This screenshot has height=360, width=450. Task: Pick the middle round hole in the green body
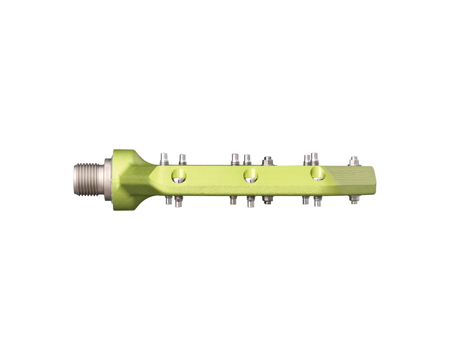(251, 175)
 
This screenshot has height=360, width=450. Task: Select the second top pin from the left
(182, 159)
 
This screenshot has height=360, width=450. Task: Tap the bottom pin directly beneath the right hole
(317, 201)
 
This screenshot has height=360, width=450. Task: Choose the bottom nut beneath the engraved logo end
(354, 200)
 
